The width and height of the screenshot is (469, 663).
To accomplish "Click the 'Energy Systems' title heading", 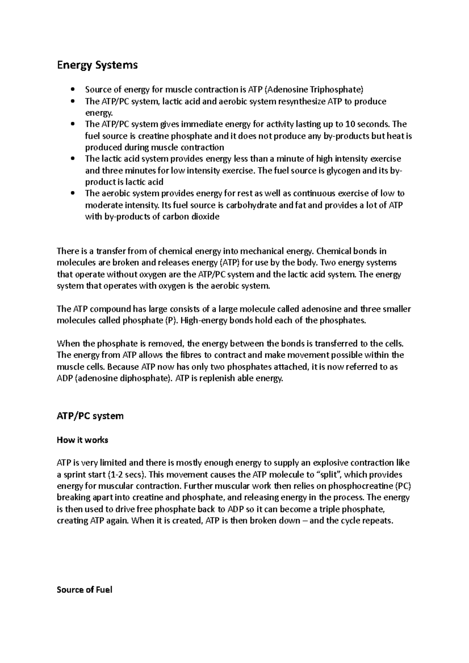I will click(97, 65).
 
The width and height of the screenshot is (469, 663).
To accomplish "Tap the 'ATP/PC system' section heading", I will click(90, 416).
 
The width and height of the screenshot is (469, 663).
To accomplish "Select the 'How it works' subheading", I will click(82, 440).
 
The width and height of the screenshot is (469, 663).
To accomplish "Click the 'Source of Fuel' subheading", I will click(84, 590).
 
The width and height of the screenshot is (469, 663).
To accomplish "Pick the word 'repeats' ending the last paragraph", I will click(378, 521).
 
